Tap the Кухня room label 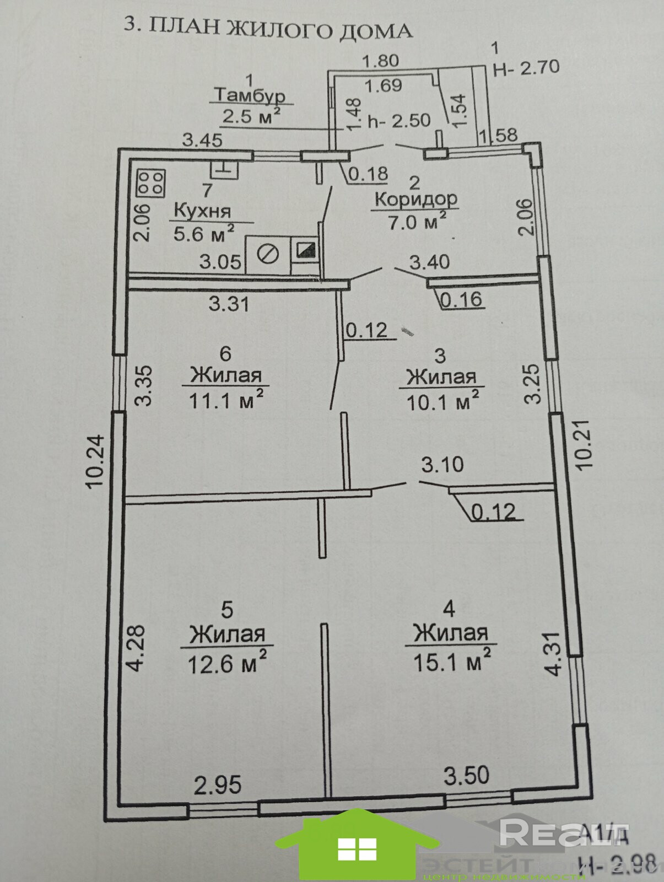click(202, 211)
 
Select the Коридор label click(416, 198)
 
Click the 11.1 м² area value click(226, 399)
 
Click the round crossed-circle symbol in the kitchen click(268, 254)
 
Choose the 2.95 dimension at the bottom click(218, 784)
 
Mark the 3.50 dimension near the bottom click(466, 775)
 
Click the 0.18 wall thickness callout click(368, 174)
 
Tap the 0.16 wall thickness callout click(461, 299)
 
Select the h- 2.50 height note click(399, 121)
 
